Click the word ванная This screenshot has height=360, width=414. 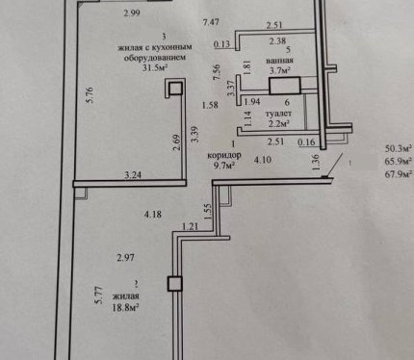279,61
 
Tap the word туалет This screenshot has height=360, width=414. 278,114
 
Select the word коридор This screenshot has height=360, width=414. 224,155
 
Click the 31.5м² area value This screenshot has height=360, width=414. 156,67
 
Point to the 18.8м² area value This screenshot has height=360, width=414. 125,308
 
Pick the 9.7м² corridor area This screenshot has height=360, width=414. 225,166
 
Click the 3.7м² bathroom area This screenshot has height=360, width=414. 280,70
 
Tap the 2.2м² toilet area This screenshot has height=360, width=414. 279,123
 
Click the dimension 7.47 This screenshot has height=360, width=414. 211,22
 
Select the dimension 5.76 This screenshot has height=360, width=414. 90,95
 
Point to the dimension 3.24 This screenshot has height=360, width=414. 133,175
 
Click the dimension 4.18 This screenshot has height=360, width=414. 153,214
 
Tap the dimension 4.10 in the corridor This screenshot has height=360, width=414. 263,160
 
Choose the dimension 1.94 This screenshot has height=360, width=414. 252,102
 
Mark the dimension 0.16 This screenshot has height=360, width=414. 306,141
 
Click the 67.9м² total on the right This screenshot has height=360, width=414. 399,174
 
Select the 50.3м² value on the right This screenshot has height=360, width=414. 399,148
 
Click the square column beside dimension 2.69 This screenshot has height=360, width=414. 175,88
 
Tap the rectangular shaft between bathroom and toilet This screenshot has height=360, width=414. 285,86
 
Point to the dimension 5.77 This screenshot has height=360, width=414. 99,296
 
